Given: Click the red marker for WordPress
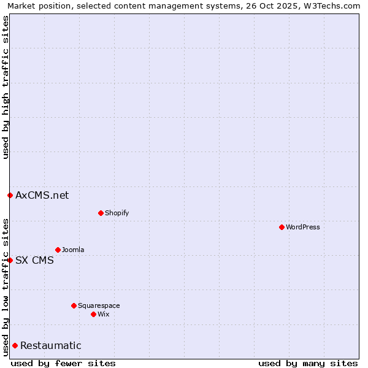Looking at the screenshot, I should coord(282,227).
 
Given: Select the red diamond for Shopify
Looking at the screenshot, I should coord(101,213).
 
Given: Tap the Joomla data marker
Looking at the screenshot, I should coord(58,250).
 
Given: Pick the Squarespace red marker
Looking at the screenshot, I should coord(74,305).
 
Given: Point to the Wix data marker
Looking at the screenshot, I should coord(93,314).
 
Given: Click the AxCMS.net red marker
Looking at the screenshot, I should coord(10,195).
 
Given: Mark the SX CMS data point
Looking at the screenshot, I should coord(10,260).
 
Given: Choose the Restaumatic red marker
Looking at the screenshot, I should coord(15,345).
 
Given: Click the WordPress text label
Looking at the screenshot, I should coord(303,227).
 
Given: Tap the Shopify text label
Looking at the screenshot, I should coord(117,213).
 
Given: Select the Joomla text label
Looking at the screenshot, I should coord(73,250).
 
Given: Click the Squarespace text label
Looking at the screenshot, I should coord(99,305).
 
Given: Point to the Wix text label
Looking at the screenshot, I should coord(103,314).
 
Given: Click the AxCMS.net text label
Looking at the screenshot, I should coord(42,195).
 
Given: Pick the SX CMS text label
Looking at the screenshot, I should coord(34,260).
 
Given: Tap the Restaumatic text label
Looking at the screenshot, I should coord(51,345).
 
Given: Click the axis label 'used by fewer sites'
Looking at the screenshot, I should coord(63,363).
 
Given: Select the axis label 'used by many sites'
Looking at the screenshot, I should coord(308,363).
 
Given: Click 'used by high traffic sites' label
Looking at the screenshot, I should coord(6,87).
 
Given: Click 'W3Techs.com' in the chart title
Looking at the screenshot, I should coord(334,6).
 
